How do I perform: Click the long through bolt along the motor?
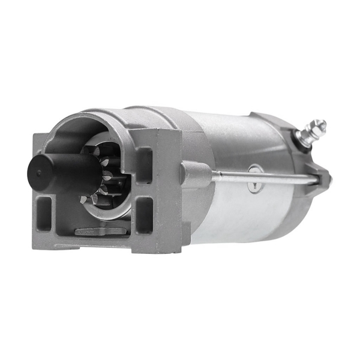(x=258, y=176)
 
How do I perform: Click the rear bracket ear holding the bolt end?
(x=321, y=178)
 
